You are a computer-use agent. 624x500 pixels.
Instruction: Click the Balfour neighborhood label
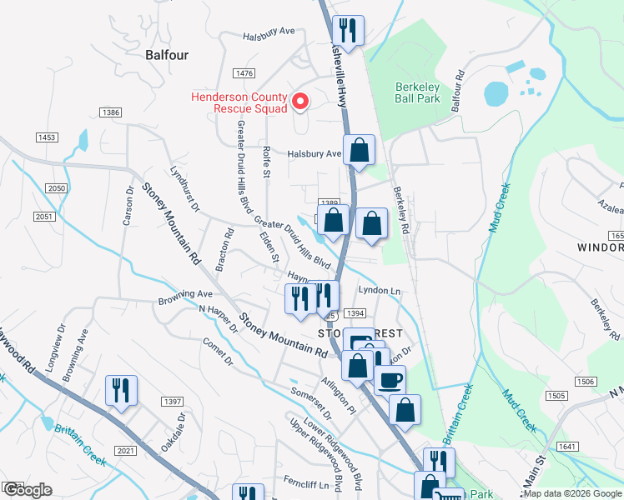click(x=155, y=55)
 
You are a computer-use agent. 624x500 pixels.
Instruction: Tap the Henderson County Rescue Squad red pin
click(x=300, y=102)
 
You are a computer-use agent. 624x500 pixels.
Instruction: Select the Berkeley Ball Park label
click(x=417, y=92)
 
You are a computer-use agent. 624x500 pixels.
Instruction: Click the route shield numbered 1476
click(x=244, y=74)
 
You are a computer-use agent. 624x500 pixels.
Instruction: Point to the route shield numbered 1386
click(x=110, y=112)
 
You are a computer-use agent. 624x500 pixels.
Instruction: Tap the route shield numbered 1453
click(x=47, y=137)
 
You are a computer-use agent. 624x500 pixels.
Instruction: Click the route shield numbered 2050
click(x=56, y=189)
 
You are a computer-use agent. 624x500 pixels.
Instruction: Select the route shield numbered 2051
click(x=43, y=217)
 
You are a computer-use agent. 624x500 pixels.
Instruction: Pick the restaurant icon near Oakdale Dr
click(x=121, y=391)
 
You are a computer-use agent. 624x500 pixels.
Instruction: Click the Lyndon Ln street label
click(x=380, y=290)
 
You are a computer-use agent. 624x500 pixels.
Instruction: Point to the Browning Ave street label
click(x=185, y=295)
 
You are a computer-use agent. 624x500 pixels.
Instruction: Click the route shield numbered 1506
click(x=586, y=381)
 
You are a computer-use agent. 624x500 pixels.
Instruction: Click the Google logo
click(x=28, y=489)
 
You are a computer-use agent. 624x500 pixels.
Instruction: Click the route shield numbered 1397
click(x=173, y=402)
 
